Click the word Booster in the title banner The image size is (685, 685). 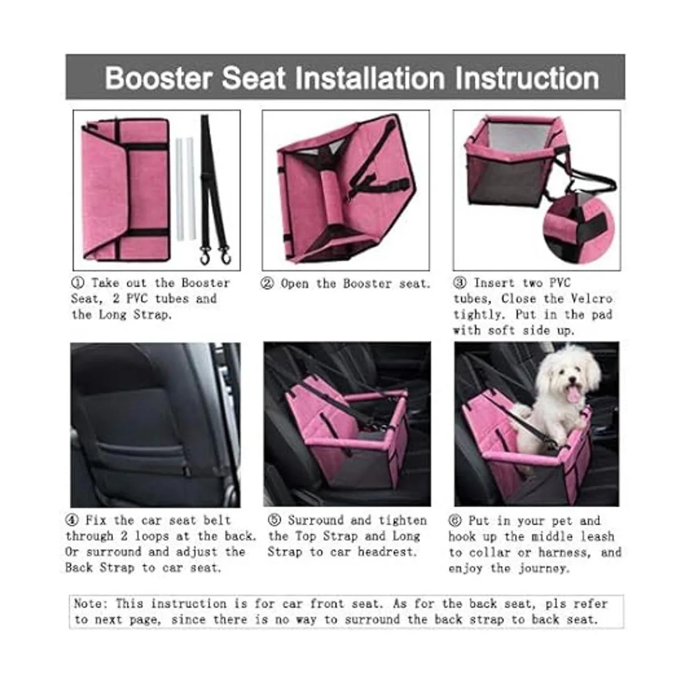pyautogui.click(x=159, y=78)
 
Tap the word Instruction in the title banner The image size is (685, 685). pyautogui.click(x=527, y=78)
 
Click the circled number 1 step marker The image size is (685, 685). pyautogui.click(x=78, y=283)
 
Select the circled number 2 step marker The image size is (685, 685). pyautogui.click(x=267, y=284)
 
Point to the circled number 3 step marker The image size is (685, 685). pyautogui.click(x=460, y=283)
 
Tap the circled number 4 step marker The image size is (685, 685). pyautogui.click(x=72, y=521)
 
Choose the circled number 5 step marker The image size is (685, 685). pyautogui.click(x=275, y=520)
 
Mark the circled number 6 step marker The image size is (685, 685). pyautogui.click(x=455, y=521)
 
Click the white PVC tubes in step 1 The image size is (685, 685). pyautogui.click(x=186, y=188)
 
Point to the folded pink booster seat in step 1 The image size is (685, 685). pyautogui.click(x=126, y=190)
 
